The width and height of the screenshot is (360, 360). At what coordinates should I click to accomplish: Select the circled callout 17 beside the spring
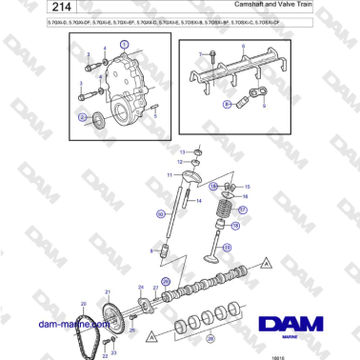(x=243, y=210)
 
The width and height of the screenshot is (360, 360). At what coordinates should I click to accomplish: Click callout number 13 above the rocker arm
(x=183, y=151)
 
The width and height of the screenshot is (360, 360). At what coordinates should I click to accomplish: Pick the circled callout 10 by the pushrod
(x=161, y=214)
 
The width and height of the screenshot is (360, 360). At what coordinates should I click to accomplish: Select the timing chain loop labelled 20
(x=85, y=329)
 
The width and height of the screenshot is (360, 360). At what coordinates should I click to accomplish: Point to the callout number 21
(x=107, y=290)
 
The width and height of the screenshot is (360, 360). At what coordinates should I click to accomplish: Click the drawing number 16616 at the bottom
(x=331, y=354)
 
